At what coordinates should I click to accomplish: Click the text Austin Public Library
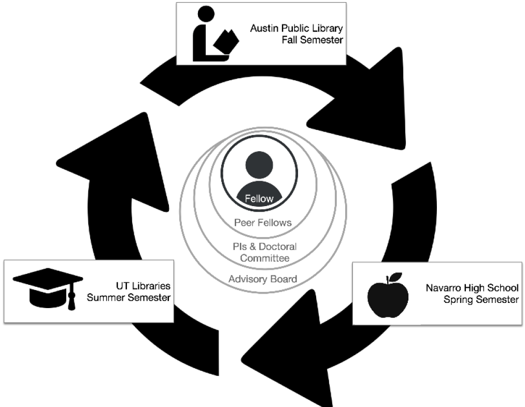pyautogui.click(x=296, y=28)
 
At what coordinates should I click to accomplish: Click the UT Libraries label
pyautogui.click(x=143, y=286)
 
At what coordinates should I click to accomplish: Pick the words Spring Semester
pyautogui.click(x=480, y=299)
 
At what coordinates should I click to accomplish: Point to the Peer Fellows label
pyautogui.click(x=263, y=223)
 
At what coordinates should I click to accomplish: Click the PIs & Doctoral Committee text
pyautogui.click(x=265, y=252)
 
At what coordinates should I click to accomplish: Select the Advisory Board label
pyautogui.click(x=263, y=279)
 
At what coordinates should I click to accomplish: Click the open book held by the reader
pyautogui.click(x=227, y=41)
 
